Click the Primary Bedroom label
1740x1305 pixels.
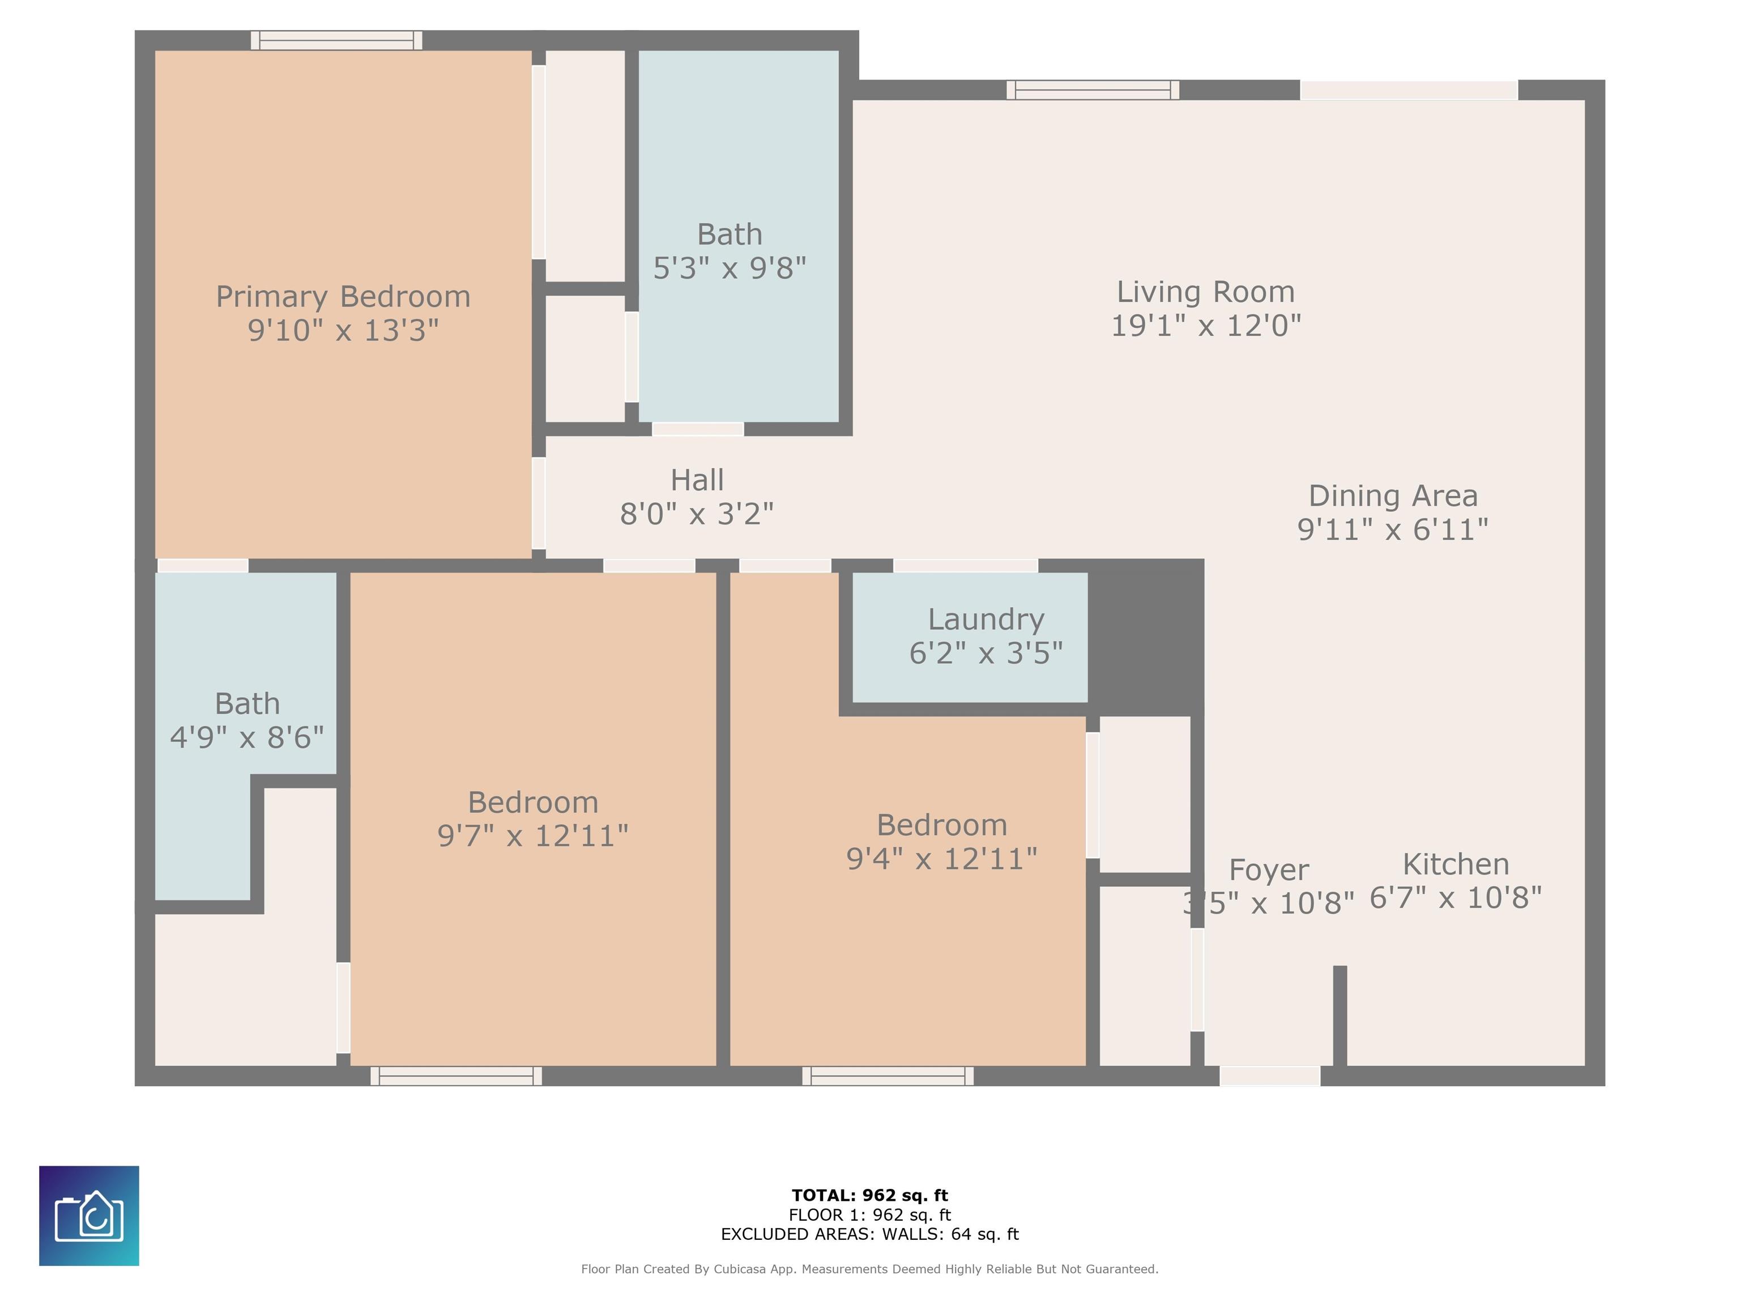pyautogui.click(x=343, y=297)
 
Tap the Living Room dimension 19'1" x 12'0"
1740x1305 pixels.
pyautogui.click(x=1205, y=326)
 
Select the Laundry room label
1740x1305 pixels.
pyautogui.click(x=986, y=619)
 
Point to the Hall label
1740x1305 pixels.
pyautogui.click(x=697, y=480)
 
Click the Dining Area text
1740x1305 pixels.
pyautogui.click(x=1392, y=496)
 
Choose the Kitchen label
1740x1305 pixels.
pyautogui.click(x=1455, y=864)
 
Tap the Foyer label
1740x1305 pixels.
pyautogui.click(x=1268, y=869)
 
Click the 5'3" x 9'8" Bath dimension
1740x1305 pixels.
pyautogui.click(x=729, y=268)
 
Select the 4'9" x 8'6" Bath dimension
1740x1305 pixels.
pyautogui.click(x=246, y=737)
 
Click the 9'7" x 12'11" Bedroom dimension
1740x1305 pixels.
pyautogui.click(x=532, y=835)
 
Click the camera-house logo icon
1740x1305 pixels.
pyautogui.click(x=89, y=1216)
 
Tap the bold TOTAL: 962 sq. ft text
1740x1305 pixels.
pyautogui.click(x=869, y=1196)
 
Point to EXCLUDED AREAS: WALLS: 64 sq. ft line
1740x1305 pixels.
pyautogui.click(x=869, y=1234)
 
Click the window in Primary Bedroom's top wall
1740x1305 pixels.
pyautogui.click(x=336, y=40)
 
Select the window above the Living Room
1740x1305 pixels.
pyautogui.click(x=1092, y=89)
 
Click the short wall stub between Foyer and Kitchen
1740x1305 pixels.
pyautogui.click(x=1340, y=1015)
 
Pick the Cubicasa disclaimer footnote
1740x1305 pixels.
pyautogui.click(x=869, y=1269)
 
